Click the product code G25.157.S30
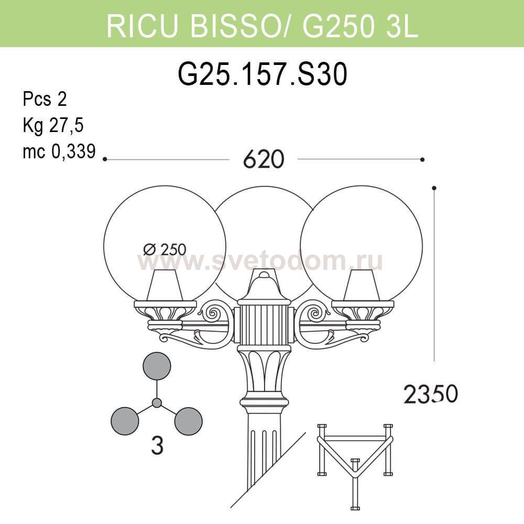click(x=263, y=74)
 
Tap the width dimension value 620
click(x=264, y=159)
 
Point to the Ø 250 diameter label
click(x=165, y=249)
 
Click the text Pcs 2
click(x=45, y=99)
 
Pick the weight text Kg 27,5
click(x=53, y=125)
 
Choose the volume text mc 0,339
click(x=59, y=151)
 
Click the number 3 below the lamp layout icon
click(x=157, y=445)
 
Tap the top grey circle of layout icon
click(x=157, y=366)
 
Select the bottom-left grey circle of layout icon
click(x=125, y=421)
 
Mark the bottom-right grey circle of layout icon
click(x=189, y=421)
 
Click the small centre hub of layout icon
click(x=157, y=402)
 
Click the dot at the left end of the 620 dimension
click(x=105, y=159)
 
